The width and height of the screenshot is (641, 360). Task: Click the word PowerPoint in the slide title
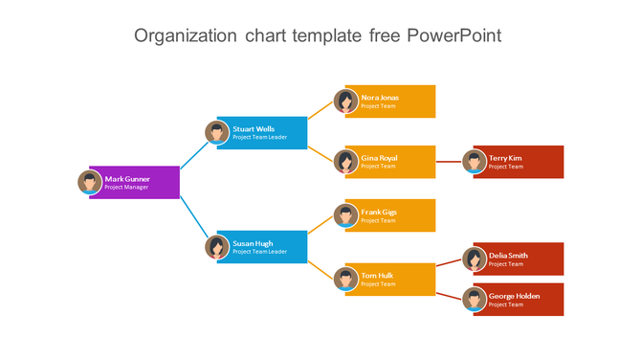tap(453, 35)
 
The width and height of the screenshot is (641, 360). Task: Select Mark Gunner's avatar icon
tap(90, 182)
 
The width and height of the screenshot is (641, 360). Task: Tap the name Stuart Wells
tap(254, 128)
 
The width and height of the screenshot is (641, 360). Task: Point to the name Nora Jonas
tap(380, 97)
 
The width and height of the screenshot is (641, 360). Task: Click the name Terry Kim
tap(505, 158)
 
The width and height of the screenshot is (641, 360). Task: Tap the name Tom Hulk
tap(377, 276)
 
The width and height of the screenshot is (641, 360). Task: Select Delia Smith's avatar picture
tap(475, 259)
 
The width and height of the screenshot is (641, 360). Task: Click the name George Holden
tap(514, 296)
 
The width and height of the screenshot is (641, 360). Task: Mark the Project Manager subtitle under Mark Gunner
tap(126, 188)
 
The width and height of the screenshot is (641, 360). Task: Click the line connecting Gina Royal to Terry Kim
tap(449, 162)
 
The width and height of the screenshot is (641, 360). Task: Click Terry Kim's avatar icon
tap(475, 162)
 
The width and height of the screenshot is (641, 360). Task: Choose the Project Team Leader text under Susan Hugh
tap(259, 252)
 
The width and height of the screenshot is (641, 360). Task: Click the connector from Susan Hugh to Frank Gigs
tap(320, 224)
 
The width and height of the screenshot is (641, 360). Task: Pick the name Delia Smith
tap(508, 256)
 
